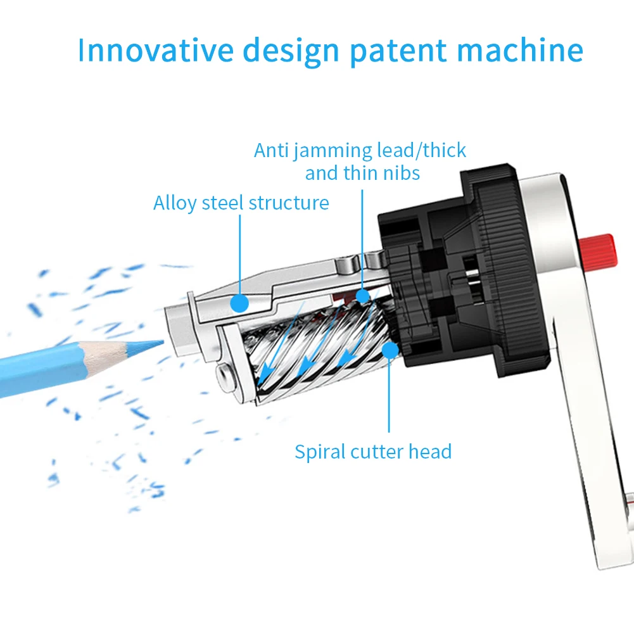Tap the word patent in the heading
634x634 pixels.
(397, 51)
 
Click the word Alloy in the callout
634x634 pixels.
(175, 203)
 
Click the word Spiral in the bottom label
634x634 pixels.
(320, 452)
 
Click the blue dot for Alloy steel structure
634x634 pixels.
(239, 303)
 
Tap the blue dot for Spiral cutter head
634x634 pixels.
(390, 349)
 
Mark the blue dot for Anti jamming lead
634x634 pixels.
(362, 296)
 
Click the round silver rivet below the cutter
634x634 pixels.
(225, 378)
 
